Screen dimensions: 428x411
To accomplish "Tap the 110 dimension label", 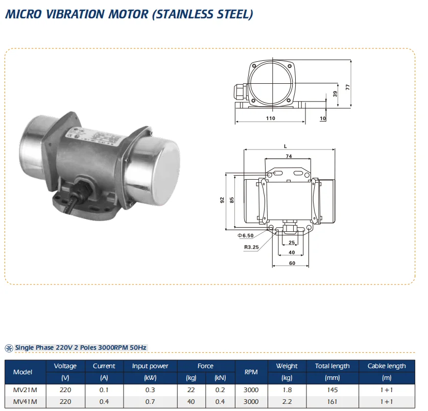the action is point(271,118).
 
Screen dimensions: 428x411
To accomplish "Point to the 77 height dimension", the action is point(347,87).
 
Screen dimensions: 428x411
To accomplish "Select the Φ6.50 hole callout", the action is point(245,235).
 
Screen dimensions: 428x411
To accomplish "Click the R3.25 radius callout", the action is point(251,247).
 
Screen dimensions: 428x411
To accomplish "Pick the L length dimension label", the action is point(285,147).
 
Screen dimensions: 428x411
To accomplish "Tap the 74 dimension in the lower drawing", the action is point(289,156).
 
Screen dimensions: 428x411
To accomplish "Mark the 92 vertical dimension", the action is point(222,200).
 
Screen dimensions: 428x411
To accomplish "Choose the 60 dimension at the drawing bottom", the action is point(292,263).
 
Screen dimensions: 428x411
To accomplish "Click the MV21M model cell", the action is point(25,390).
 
